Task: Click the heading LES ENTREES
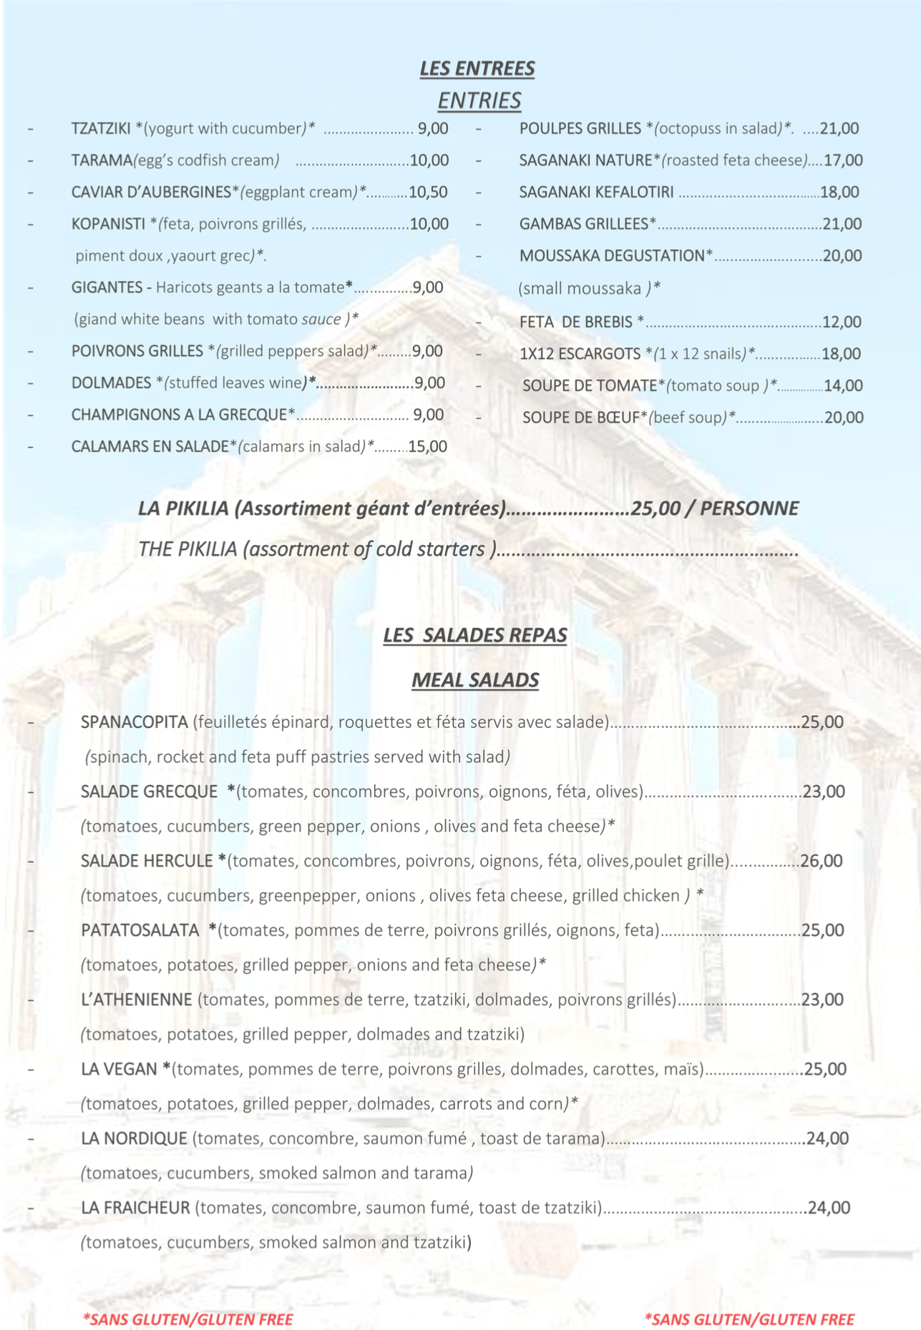tap(477, 69)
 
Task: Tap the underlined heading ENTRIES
tap(479, 101)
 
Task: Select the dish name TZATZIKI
tap(101, 129)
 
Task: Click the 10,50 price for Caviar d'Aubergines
tap(428, 192)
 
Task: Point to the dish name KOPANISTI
tap(108, 225)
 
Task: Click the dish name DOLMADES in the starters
tap(111, 383)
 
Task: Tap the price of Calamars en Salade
tap(427, 447)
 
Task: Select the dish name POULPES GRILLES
tap(580, 129)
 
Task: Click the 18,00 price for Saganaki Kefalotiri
tap(839, 192)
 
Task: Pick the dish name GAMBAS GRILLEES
tap(583, 225)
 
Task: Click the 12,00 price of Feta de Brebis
tap(842, 322)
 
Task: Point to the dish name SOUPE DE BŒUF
tap(580, 418)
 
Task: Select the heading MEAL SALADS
tap(475, 680)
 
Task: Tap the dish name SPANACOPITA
tap(134, 722)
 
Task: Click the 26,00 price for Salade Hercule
tap(822, 861)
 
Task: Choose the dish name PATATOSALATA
tap(140, 930)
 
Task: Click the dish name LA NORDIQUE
tap(134, 1138)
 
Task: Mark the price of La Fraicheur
tap(829, 1208)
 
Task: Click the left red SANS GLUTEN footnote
tap(187, 1319)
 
